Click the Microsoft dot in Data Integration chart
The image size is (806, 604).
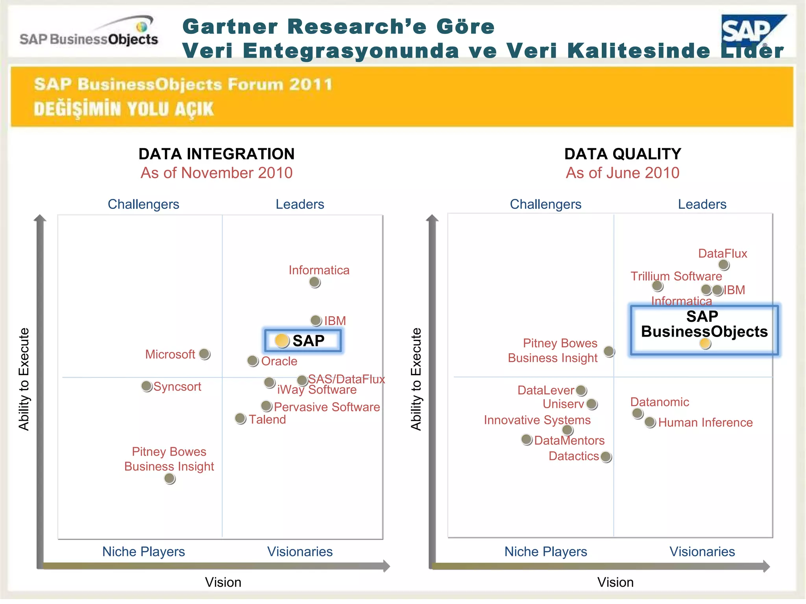click(204, 354)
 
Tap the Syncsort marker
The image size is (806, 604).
click(146, 386)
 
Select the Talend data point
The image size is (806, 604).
click(240, 418)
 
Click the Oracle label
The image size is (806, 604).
click(279, 361)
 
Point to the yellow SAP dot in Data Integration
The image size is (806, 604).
click(282, 341)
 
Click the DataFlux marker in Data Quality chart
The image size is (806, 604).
click(723, 265)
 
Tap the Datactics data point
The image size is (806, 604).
click(606, 457)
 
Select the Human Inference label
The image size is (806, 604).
click(705, 422)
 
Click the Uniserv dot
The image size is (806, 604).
click(592, 404)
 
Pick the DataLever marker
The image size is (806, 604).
click(581, 390)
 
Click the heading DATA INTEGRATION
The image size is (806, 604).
click(216, 154)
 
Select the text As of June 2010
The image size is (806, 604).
click(623, 173)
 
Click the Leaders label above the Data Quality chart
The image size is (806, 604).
click(702, 204)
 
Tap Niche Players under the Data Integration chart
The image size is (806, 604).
click(144, 551)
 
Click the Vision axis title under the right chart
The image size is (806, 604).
click(615, 582)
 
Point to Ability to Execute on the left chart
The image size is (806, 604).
click(24, 379)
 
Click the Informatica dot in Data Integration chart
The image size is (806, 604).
click(314, 282)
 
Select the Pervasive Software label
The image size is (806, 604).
click(327, 407)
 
